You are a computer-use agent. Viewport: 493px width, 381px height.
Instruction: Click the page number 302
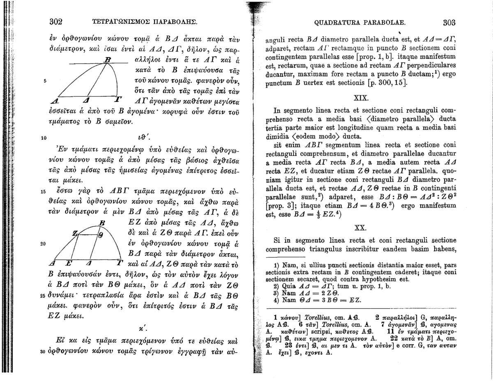point(55,21)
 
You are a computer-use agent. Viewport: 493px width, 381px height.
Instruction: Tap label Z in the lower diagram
point(75,233)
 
